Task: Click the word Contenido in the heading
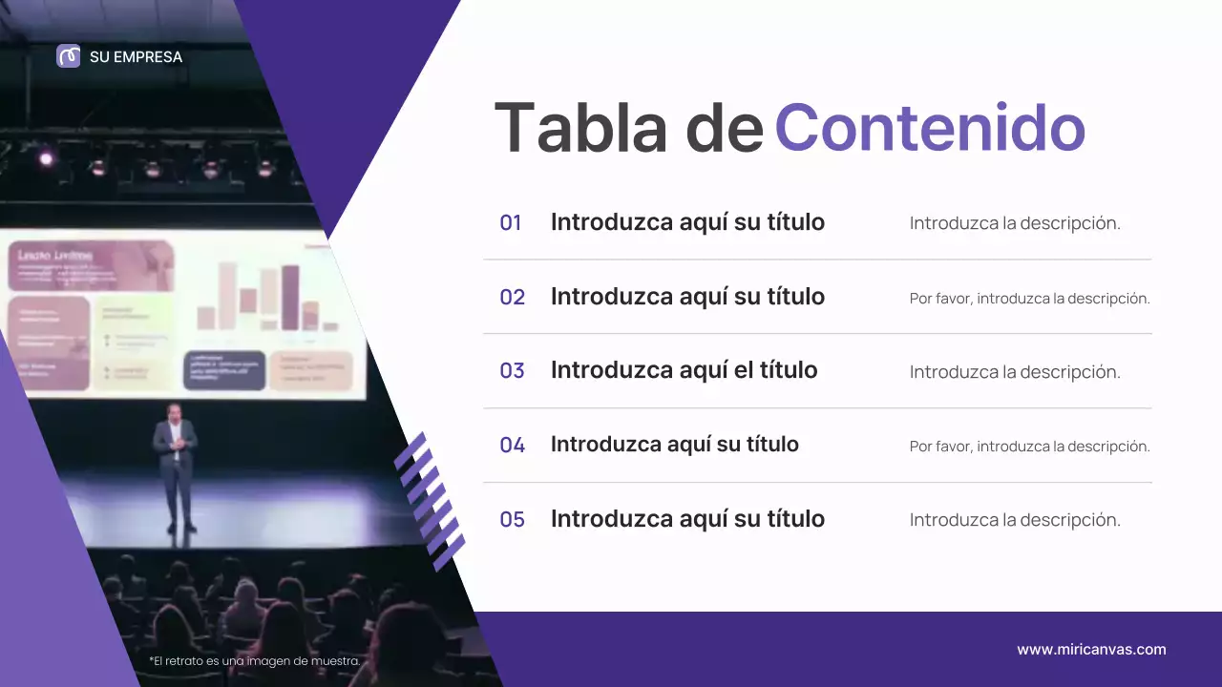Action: coord(929,128)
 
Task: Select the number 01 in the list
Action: coord(511,223)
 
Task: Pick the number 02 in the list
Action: coord(512,297)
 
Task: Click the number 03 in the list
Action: coord(512,370)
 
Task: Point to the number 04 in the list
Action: coord(512,445)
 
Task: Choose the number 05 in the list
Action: coord(512,519)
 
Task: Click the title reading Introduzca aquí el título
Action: coord(684,370)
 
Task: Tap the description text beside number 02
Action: coord(1029,299)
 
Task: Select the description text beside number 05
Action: coord(1015,520)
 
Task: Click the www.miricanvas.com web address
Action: coord(1091,650)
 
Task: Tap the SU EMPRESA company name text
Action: coord(136,57)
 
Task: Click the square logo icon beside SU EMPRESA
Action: coord(69,56)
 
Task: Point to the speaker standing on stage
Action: coord(176,468)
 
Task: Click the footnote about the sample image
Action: coord(255,661)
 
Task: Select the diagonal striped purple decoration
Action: coord(430,501)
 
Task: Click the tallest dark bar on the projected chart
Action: coord(290,297)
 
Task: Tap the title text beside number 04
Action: coord(674,445)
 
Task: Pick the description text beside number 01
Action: coord(1015,223)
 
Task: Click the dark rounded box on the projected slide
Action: coord(224,370)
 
